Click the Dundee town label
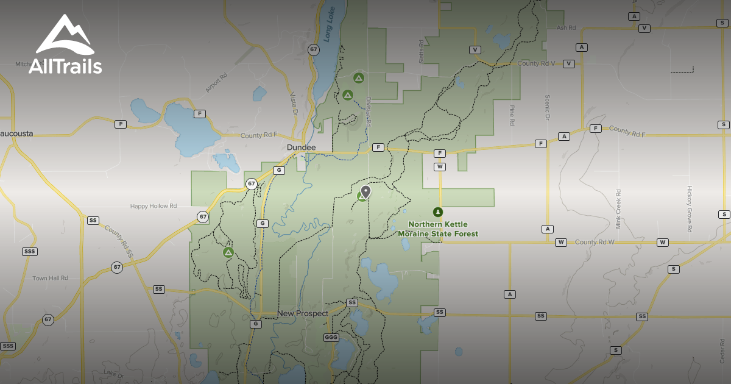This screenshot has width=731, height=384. click(302, 148)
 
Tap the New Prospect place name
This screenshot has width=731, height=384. click(303, 313)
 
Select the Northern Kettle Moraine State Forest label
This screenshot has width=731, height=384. click(438, 229)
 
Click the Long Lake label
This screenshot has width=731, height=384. click(329, 28)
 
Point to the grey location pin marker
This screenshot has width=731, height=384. click(365, 191)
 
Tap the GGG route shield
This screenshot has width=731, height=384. click(331, 337)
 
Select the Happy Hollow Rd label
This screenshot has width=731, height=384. click(153, 207)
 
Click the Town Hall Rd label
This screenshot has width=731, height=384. click(50, 279)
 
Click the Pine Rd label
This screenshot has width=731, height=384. click(512, 115)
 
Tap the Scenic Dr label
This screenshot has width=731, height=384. click(548, 107)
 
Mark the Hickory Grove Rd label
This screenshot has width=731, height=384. click(690, 209)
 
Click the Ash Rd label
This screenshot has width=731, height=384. click(566, 28)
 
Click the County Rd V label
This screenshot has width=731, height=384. click(536, 63)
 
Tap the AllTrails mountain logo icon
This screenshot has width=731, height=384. click(65, 34)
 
